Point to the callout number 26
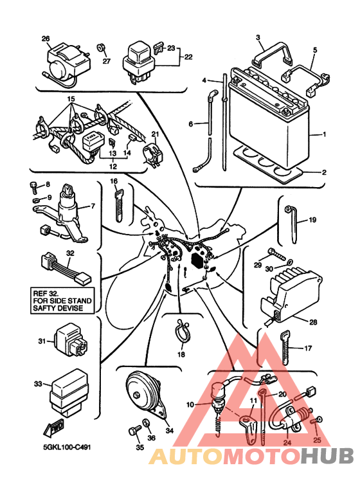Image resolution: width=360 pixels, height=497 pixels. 46,39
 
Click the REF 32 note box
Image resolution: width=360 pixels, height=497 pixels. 62,301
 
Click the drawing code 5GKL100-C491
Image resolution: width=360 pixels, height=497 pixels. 67,447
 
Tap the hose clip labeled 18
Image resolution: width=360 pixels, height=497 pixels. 181,331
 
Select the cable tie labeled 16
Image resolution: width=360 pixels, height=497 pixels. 118,205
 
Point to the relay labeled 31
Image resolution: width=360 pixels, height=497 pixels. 71,342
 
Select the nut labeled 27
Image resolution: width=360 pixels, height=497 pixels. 101,48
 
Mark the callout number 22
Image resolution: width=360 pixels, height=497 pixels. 188,57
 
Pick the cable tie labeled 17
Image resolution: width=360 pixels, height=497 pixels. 285,347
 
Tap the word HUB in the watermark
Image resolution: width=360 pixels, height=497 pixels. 327,456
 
